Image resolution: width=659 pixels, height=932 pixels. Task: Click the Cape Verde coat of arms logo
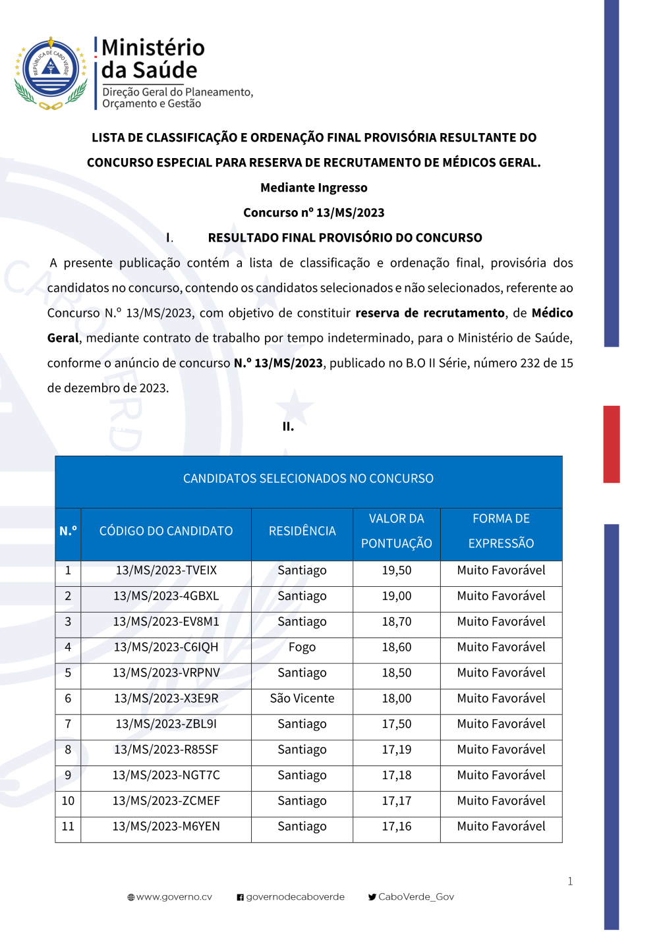(x=51, y=73)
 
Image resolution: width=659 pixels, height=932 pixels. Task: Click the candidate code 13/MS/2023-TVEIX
(x=166, y=570)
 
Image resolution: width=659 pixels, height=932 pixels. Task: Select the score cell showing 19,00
(x=396, y=596)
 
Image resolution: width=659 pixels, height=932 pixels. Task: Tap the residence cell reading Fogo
(x=302, y=647)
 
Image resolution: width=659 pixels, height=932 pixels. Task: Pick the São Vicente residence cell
(x=302, y=698)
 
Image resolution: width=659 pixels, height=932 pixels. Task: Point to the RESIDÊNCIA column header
(x=302, y=531)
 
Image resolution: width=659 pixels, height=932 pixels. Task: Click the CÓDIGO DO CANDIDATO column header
(x=166, y=531)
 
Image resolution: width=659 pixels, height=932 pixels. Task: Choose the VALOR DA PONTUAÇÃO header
(x=396, y=531)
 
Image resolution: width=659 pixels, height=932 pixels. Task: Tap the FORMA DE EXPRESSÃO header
(x=501, y=531)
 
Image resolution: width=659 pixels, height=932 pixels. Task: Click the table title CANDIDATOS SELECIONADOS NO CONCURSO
(x=308, y=479)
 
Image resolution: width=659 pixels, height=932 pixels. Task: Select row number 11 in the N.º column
(x=68, y=827)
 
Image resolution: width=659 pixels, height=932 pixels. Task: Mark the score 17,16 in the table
(x=396, y=827)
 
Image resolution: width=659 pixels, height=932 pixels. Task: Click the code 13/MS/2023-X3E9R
(x=166, y=698)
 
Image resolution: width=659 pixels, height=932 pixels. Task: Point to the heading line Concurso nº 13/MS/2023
(x=314, y=213)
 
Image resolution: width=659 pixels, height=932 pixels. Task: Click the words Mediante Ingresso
(x=314, y=188)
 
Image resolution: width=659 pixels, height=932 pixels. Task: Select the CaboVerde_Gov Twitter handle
(x=416, y=897)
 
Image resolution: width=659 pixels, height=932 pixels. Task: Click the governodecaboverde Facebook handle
(x=295, y=897)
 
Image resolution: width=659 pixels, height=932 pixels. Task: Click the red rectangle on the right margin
(x=612, y=444)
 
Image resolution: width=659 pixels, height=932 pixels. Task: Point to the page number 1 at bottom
(x=570, y=881)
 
